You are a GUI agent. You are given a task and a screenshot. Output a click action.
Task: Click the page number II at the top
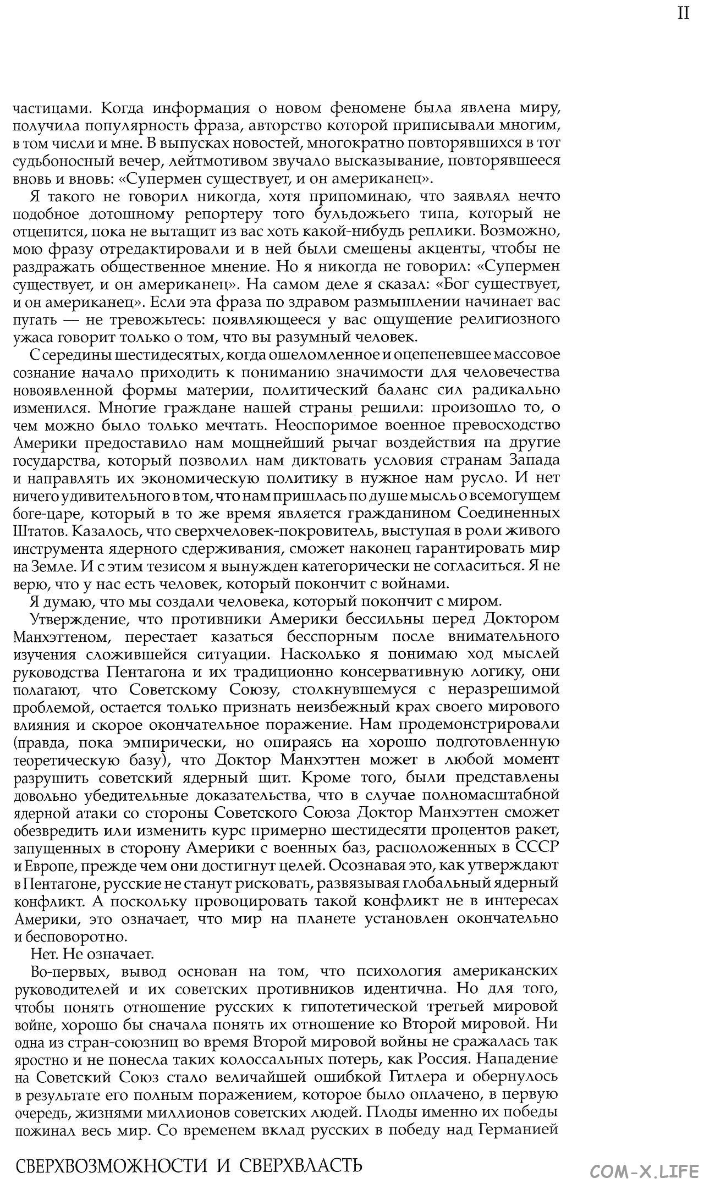point(683,13)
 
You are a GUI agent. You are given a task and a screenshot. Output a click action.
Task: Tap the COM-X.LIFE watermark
point(644,1170)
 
